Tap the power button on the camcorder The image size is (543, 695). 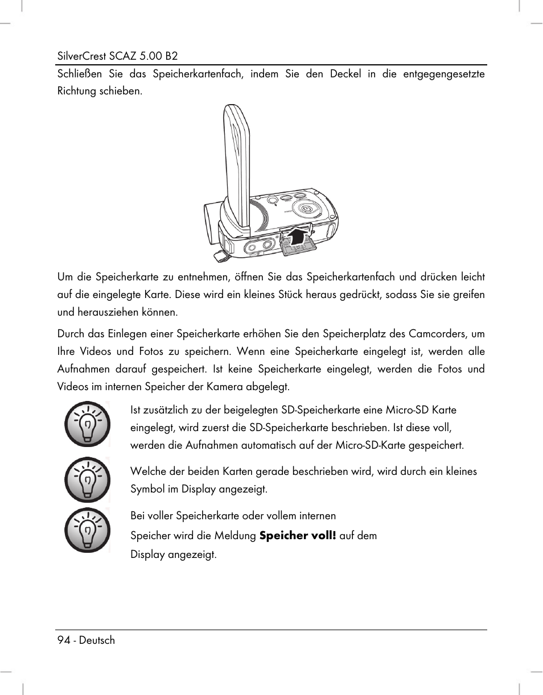pyautogui.click(x=307, y=209)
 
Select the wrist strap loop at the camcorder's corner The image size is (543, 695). pyautogui.click(x=219, y=255)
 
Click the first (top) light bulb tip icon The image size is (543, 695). pyautogui.click(x=87, y=424)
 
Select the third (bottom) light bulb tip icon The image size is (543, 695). pyautogui.click(x=87, y=531)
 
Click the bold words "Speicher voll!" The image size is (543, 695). pyautogui.click(x=298, y=536)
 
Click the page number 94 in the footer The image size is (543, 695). pyautogui.click(x=63, y=640)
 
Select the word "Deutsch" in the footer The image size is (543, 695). pyautogui.click(x=97, y=640)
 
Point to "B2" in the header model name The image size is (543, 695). pyautogui.click(x=171, y=56)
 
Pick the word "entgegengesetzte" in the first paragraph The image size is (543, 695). pyautogui.click(x=444, y=74)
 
